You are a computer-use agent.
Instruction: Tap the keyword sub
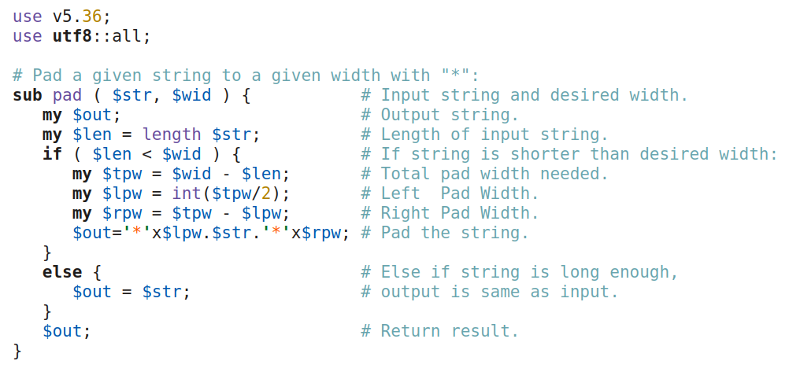28,96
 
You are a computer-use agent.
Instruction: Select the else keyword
62,272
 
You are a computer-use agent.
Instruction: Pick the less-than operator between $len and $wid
152,154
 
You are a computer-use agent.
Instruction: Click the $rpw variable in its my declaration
117,213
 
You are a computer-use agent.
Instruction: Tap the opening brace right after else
97,272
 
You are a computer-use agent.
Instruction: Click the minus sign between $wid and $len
221,174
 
